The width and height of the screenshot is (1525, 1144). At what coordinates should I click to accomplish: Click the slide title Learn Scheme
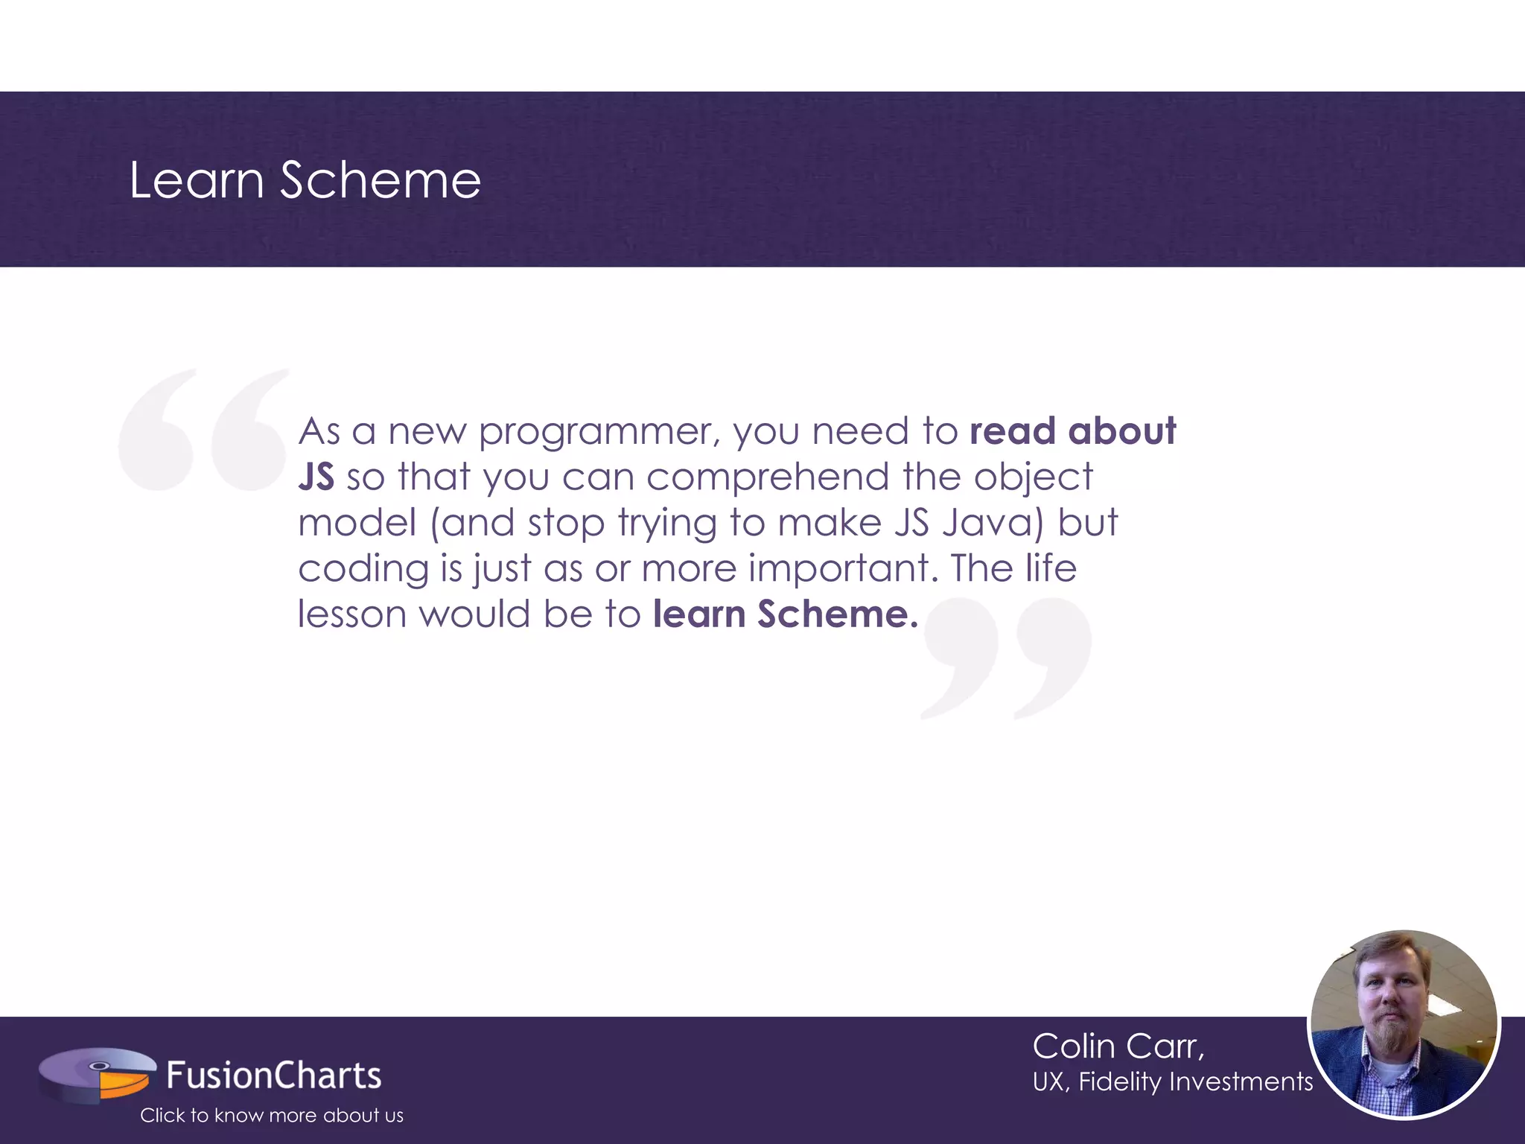click(305, 180)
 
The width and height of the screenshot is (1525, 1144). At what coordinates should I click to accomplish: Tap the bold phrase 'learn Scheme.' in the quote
click(786, 614)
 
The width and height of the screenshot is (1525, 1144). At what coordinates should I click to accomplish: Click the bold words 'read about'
click(1072, 431)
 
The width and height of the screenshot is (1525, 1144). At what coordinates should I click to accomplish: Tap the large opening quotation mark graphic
click(203, 430)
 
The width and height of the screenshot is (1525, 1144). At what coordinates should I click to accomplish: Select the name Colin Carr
click(1118, 1046)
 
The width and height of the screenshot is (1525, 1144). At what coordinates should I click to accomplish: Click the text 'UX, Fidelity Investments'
click(1172, 1081)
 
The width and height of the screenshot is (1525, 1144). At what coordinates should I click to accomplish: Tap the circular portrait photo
click(1404, 1025)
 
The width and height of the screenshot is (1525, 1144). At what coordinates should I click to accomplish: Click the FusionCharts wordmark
click(273, 1075)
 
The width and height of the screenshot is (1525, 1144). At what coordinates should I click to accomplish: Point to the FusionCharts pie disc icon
click(97, 1074)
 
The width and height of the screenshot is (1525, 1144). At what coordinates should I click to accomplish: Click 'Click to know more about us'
click(272, 1115)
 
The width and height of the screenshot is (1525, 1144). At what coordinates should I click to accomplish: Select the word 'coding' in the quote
click(363, 569)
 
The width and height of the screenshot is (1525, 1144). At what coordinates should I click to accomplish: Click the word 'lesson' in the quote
click(352, 614)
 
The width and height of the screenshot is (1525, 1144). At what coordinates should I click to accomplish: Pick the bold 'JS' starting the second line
click(316, 477)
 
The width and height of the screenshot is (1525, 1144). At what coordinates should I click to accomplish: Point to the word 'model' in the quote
click(357, 523)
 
